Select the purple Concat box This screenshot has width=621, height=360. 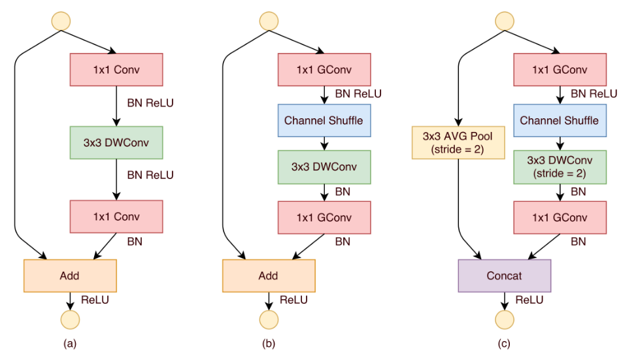(x=505, y=276)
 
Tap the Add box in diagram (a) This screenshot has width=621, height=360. (x=69, y=276)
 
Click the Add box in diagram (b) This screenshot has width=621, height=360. (x=268, y=276)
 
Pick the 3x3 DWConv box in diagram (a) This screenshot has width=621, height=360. (x=115, y=142)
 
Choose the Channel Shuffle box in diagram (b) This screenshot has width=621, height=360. (x=324, y=120)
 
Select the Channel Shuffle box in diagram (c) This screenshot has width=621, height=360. (x=560, y=120)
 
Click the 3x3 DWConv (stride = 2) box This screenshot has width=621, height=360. (x=560, y=167)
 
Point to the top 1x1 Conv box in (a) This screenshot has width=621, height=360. (x=115, y=69)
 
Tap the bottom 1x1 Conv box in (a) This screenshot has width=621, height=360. (x=115, y=217)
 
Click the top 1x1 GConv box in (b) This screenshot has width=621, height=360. (x=324, y=69)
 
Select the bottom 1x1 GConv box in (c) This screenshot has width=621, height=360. (x=560, y=217)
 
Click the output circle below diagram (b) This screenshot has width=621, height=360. (x=268, y=319)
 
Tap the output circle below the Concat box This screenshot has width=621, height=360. (x=505, y=319)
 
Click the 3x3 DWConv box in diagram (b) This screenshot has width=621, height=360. (x=324, y=167)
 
